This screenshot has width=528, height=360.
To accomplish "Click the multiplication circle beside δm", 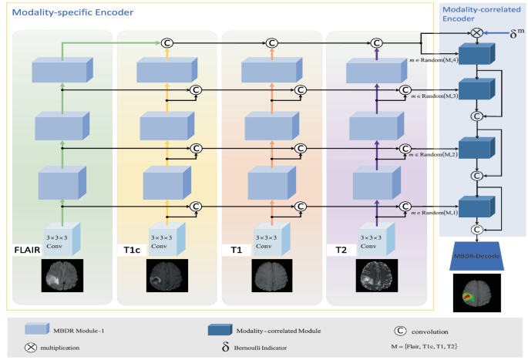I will pyautogui.click(x=476, y=33).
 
